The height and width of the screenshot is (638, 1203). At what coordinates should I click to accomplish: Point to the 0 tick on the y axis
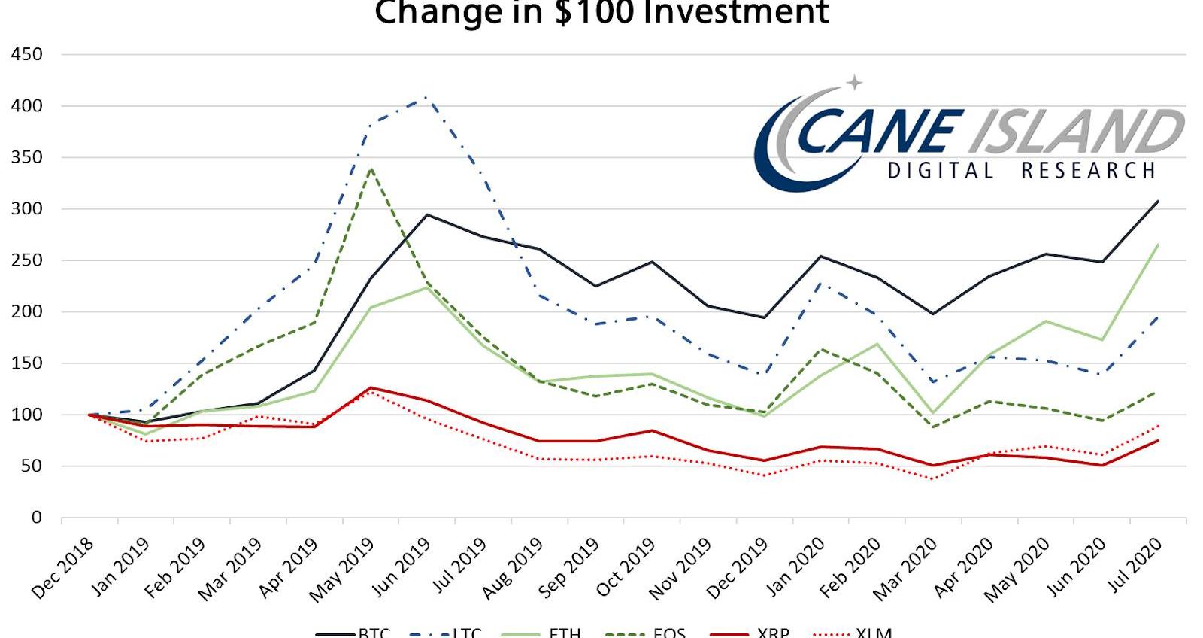point(36,518)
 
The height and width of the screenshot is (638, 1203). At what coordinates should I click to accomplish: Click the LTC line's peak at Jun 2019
point(426,97)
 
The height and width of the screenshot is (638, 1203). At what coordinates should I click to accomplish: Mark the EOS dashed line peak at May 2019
point(371,169)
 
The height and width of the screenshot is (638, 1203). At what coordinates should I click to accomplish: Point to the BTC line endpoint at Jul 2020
point(1158,201)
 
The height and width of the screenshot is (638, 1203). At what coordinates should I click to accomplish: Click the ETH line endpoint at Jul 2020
point(1158,245)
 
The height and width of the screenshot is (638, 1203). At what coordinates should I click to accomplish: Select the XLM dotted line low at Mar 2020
point(933,479)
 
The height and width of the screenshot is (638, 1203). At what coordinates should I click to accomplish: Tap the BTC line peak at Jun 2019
point(427,214)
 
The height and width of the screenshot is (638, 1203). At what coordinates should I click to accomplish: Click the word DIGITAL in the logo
point(941,171)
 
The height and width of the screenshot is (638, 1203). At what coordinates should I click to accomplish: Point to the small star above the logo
point(854,82)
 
